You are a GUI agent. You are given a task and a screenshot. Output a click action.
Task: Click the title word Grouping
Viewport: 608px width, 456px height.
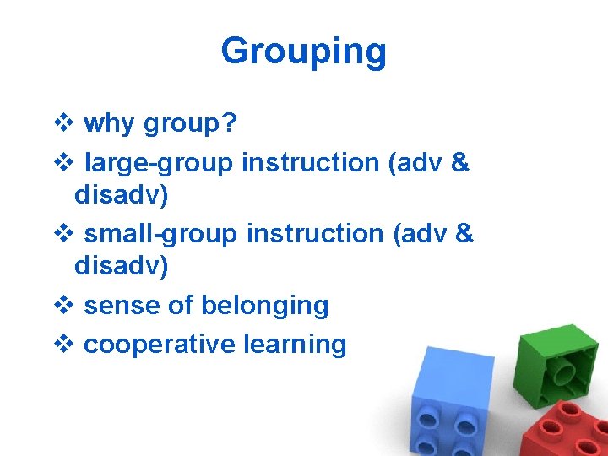pos(303,52)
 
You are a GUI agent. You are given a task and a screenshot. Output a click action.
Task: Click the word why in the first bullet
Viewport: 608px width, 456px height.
pos(109,124)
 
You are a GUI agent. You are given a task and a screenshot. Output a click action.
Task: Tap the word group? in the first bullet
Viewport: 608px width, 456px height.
pos(190,125)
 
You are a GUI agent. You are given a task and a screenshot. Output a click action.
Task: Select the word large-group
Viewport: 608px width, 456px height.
pos(159,161)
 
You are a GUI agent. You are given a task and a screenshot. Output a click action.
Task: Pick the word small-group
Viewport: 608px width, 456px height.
pos(162,232)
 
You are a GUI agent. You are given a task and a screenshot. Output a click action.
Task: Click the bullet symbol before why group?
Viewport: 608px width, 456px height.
pos(62,125)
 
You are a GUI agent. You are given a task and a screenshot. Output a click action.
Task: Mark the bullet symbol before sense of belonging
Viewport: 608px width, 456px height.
pos(62,306)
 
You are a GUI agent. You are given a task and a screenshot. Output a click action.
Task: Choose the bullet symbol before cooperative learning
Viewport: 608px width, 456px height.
pos(62,345)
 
